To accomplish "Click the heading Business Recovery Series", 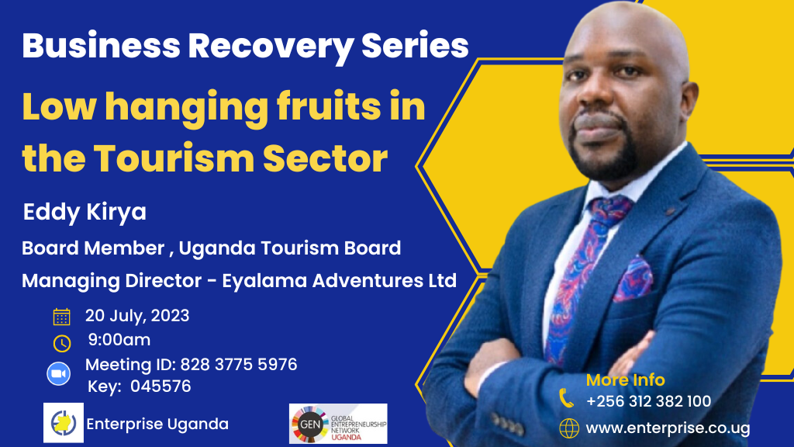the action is (245, 47).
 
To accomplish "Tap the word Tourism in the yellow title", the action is (174, 158).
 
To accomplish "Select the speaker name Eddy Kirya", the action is (85, 212).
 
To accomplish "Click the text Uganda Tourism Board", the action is (290, 248).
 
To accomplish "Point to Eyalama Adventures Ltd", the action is (340, 280).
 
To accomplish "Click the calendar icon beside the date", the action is (62, 317).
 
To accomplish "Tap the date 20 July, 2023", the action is (137, 316).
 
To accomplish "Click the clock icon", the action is (62, 343).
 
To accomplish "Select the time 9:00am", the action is (119, 340).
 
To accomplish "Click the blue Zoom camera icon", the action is (59, 374).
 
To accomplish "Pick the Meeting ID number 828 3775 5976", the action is (239, 365).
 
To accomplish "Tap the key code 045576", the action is (161, 386).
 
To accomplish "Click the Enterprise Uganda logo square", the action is (64, 423).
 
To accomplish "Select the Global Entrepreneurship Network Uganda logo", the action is (338, 424).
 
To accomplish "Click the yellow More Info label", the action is (626, 379).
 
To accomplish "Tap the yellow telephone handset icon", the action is (567, 398).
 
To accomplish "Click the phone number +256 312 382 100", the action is (649, 401).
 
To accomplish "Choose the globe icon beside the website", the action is (569, 428).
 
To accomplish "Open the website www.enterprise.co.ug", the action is (668, 428).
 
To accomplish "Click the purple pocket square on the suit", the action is (633, 279).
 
